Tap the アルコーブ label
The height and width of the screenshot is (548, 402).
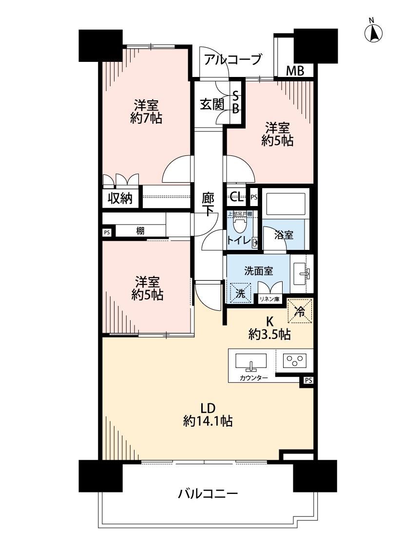coord(233,59)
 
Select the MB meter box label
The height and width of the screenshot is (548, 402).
coord(295,71)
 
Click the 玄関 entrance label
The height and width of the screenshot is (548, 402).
coord(212,104)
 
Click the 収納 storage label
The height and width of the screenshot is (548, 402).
coord(120,198)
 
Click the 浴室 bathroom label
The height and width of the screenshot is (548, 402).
coord(283,235)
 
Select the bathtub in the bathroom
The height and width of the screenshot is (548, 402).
coord(285,202)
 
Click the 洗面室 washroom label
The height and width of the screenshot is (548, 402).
coord(258,271)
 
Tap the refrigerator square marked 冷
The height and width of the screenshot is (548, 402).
coord(301,310)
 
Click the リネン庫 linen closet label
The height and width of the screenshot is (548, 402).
coord(269,299)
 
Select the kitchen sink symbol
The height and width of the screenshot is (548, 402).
coord(251,362)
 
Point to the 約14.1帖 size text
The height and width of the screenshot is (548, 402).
coord(207,421)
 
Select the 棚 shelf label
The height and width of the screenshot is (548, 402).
coord(140,231)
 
